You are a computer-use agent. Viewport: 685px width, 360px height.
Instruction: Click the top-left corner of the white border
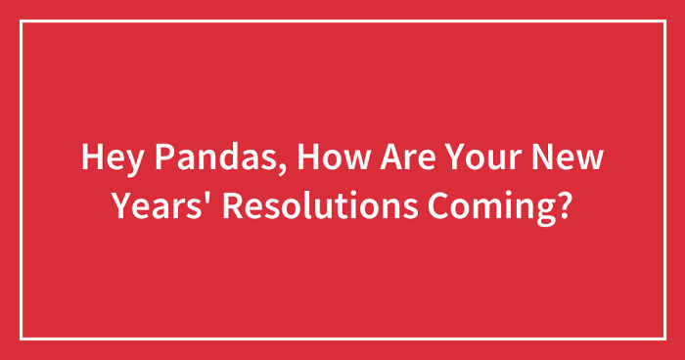[x=22, y=21]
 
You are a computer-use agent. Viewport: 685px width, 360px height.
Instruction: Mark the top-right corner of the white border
[x=663, y=21]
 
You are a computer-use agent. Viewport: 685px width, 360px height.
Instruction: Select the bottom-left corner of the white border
[x=22, y=338]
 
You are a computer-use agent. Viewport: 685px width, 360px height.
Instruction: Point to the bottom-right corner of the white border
[x=663, y=338]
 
